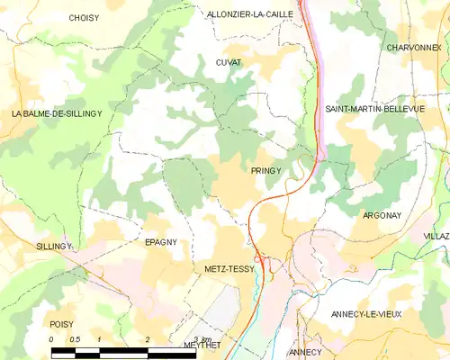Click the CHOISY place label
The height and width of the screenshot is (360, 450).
pos(84,17)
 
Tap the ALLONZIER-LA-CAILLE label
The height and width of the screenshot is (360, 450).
pos(249,14)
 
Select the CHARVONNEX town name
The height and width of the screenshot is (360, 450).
pos(412,47)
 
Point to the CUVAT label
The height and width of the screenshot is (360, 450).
pos(229,62)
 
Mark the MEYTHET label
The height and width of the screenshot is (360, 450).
pos(202,345)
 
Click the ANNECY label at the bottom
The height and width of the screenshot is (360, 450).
pos(306,351)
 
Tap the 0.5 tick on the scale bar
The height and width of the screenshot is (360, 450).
pos(75,339)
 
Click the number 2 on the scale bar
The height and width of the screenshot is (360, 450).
pos(147,339)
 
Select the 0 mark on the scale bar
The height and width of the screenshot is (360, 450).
pos(51,339)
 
